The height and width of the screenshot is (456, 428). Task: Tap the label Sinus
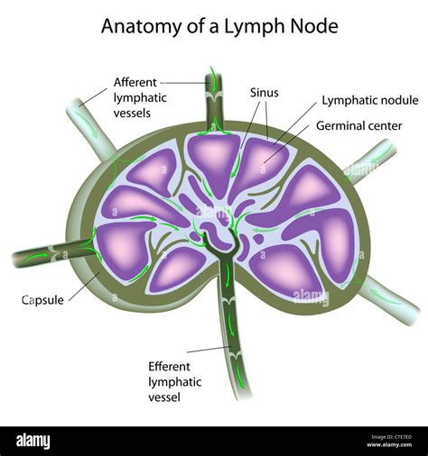pyautogui.click(x=264, y=93)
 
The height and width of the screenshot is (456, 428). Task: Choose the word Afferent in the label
pyautogui.click(x=138, y=82)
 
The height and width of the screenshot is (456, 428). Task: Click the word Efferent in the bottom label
pyautogui.click(x=172, y=366)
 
